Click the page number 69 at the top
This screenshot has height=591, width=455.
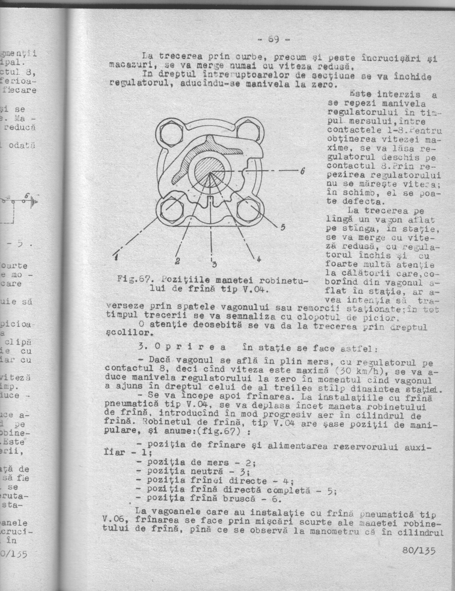click(274, 39)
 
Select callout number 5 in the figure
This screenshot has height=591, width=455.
click(284, 227)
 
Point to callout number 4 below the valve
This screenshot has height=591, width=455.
click(259, 259)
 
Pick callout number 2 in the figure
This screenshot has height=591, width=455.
click(178, 261)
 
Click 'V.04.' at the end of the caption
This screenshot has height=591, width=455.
click(257, 289)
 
